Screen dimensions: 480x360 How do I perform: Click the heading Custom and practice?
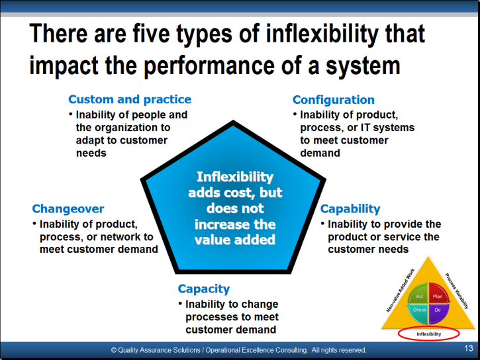pyautogui.click(x=130, y=99)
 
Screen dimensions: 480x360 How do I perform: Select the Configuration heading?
pyautogui.click(x=334, y=100)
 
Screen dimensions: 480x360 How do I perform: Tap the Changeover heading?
pyautogui.click(x=68, y=209)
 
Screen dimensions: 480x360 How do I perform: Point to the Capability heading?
pyautogui.click(x=350, y=209)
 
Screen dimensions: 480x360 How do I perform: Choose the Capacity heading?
pyautogui.click(x=203, y=289)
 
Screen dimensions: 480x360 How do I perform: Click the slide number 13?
pyautogui.click(x=468, y=348)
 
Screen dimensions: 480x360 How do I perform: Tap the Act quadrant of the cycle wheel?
pyautogui.click(x=418, y=294)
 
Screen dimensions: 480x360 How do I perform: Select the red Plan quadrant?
pyautogui.click(x=438, y=294)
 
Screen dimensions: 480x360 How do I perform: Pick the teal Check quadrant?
pyautogui.click(x=418, y=312)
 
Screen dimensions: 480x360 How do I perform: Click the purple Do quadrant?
pyautogui.click(x=438, y=312)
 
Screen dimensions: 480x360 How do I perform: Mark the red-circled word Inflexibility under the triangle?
pyautogui.click(x=428, y=334)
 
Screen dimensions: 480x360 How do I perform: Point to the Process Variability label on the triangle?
pyautogui.click(x=457, y=291)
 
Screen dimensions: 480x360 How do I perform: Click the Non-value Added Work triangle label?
pyautogui.click(x=401, y=291)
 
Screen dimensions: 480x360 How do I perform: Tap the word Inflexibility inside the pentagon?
pyautogui.click(x=235, y=177)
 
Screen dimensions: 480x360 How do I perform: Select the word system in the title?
pyautogui.click(x=363, y=66)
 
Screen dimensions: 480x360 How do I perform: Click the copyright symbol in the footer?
pyautogui.click(x=114, y=350)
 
